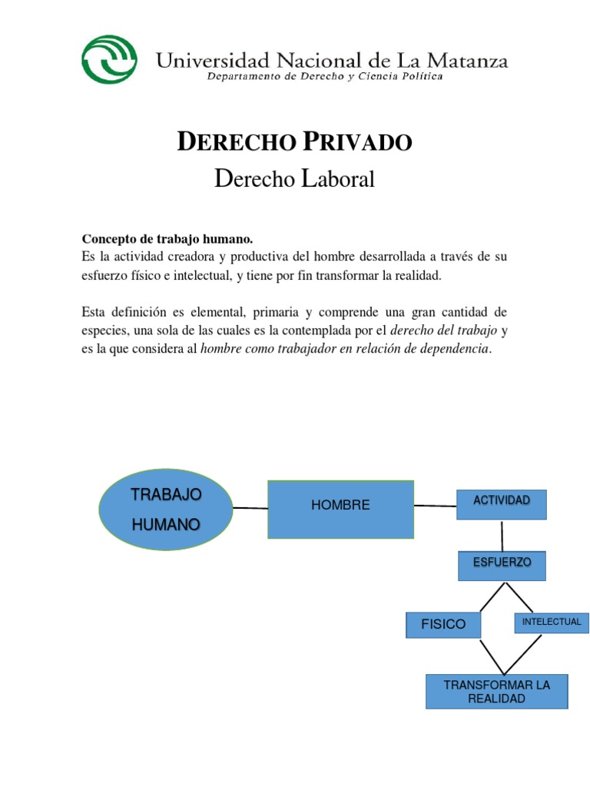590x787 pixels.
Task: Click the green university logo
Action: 110,59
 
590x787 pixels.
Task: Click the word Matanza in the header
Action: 461,61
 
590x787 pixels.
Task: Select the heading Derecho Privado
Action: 295,142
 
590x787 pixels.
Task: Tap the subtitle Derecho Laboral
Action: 295,179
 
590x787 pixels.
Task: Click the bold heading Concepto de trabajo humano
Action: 167,240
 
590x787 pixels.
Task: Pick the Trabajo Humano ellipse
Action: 166,509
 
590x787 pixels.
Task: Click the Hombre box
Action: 340,509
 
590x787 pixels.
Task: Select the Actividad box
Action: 502,504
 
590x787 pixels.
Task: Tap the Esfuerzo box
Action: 502,566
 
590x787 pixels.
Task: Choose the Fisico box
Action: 443,624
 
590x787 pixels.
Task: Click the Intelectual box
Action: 552,623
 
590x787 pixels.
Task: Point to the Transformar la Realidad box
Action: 497,691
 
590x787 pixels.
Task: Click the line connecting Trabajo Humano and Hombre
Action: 250,508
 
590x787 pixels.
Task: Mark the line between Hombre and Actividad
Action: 436,506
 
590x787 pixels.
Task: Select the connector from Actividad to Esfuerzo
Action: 502,535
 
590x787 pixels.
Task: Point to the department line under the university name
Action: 325,78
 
